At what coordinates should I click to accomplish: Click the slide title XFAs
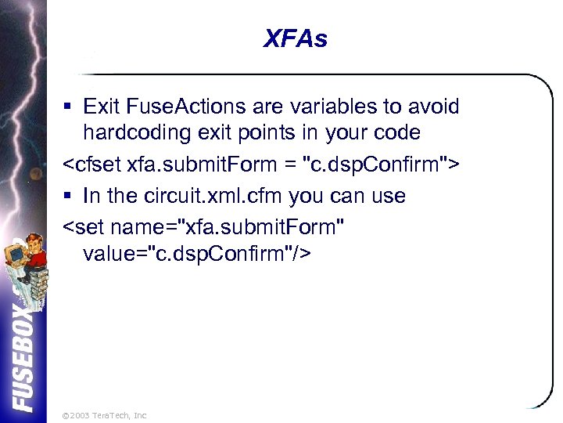295,38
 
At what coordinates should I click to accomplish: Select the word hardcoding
135,132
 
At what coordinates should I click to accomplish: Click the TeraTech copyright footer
103,414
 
